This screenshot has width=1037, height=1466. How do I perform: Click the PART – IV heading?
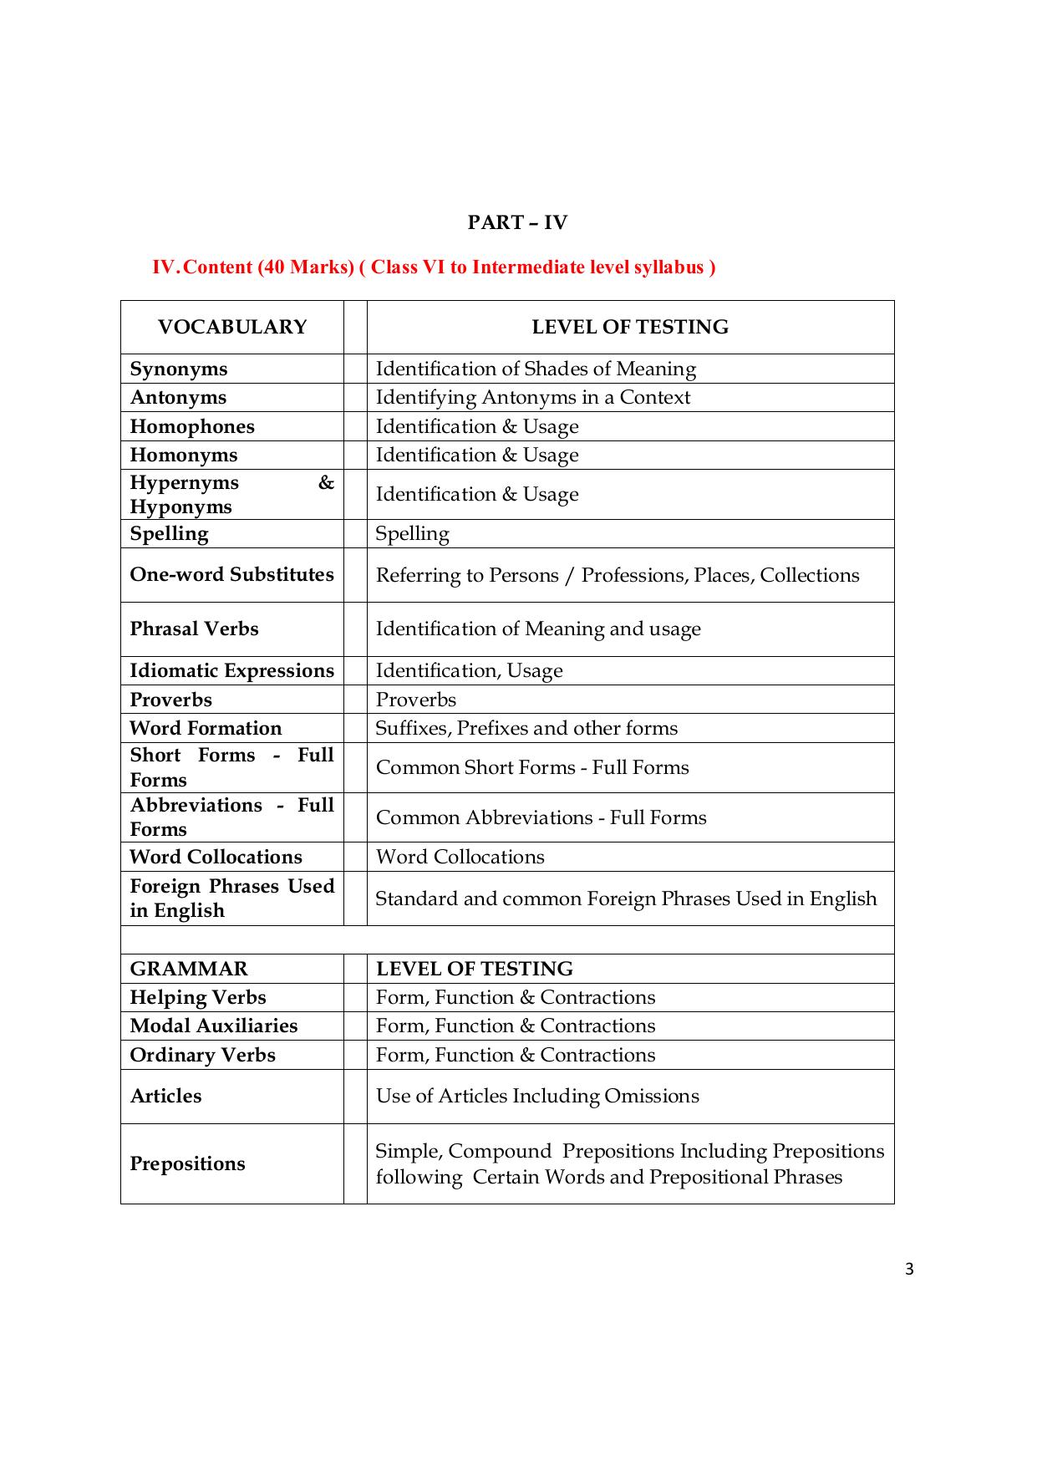tap(517, 222)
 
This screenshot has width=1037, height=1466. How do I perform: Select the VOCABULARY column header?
tap(232, 327)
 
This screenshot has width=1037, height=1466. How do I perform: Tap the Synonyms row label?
tap(179, 369)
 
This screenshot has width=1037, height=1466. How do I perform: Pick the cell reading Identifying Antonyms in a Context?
tap(532, 397)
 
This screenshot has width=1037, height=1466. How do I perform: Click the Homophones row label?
tap(192, 426)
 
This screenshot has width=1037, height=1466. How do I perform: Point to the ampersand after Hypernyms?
tap(326, 482)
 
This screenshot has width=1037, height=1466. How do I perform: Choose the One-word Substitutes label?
tap(231, 574)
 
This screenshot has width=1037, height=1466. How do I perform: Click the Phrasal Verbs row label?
tap(194, 629)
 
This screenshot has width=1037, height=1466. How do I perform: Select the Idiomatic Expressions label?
tap(231, 670)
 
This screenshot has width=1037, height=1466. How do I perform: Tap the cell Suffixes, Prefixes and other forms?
tap(526, 728)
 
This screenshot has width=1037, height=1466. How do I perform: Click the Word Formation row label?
tap(206, 728)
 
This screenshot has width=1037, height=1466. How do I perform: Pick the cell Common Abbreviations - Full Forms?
tap(541, 817)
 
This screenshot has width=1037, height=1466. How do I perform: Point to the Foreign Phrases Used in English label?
tap(231, 898)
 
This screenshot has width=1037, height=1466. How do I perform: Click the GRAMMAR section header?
tap(189, 969)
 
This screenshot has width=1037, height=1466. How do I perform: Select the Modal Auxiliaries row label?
tap(214, 1026)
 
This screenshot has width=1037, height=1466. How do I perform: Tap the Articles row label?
tap(165, 1096)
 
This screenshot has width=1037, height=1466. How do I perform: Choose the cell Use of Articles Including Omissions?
tap(537, 1096)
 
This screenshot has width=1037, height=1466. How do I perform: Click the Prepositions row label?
tap(187, 1163)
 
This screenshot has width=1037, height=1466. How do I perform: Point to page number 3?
tap(909, 1270)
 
